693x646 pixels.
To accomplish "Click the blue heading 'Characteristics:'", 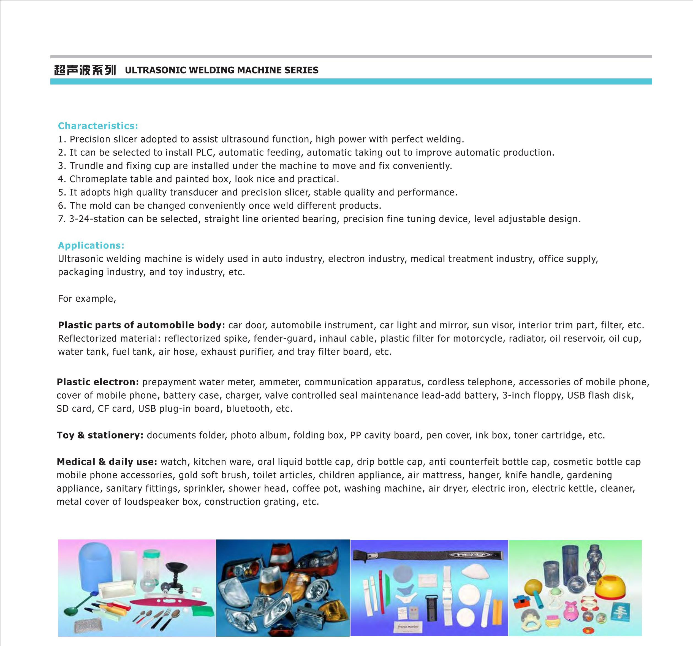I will (98, 126).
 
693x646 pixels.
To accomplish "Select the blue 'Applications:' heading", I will (91, 245).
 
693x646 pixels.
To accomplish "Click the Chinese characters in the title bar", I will (85, 70).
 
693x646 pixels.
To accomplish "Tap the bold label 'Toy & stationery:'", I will (100, 435).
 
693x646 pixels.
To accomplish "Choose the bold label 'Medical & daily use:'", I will (107, 462).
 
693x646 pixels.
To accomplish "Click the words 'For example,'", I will (87, 299).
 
